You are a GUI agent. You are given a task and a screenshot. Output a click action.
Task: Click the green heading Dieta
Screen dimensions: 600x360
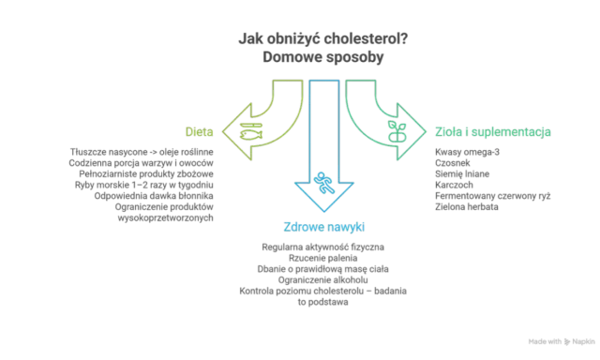(199, 131)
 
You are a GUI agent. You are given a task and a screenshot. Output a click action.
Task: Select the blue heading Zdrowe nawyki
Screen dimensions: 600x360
(323, 227)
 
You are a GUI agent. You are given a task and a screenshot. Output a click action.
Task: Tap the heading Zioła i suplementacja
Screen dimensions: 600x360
(493, 132)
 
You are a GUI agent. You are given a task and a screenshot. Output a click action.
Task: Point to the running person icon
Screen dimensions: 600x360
(324, 183)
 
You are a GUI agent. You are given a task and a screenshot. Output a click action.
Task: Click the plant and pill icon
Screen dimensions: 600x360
(397, 131)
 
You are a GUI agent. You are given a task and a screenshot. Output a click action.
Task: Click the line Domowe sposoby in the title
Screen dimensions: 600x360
(322, 57)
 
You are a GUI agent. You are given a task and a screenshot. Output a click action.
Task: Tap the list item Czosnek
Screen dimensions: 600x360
(452, 163)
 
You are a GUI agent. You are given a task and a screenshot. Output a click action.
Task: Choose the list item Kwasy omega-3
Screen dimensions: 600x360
(467, 152)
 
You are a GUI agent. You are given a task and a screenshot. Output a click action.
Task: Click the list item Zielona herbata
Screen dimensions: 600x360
(467, 207)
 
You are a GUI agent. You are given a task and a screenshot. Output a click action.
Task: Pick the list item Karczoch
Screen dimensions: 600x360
(454, 185)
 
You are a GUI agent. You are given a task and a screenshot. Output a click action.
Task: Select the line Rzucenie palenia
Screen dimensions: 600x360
(322, 258)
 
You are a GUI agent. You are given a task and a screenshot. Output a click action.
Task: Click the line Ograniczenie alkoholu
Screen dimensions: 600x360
(322, 280)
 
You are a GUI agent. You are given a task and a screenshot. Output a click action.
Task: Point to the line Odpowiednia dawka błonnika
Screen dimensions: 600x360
(154, 196)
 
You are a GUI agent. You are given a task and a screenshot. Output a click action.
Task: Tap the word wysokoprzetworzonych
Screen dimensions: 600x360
(165, 218)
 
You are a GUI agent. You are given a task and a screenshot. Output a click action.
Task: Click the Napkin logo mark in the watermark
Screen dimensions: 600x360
(567, 341)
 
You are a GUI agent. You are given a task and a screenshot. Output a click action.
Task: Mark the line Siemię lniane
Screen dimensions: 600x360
(462, 174)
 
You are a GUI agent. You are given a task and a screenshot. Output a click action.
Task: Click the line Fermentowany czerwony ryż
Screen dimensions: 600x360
(493, 196)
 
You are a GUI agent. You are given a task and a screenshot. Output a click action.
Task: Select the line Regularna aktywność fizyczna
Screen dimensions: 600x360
(322, 247)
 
